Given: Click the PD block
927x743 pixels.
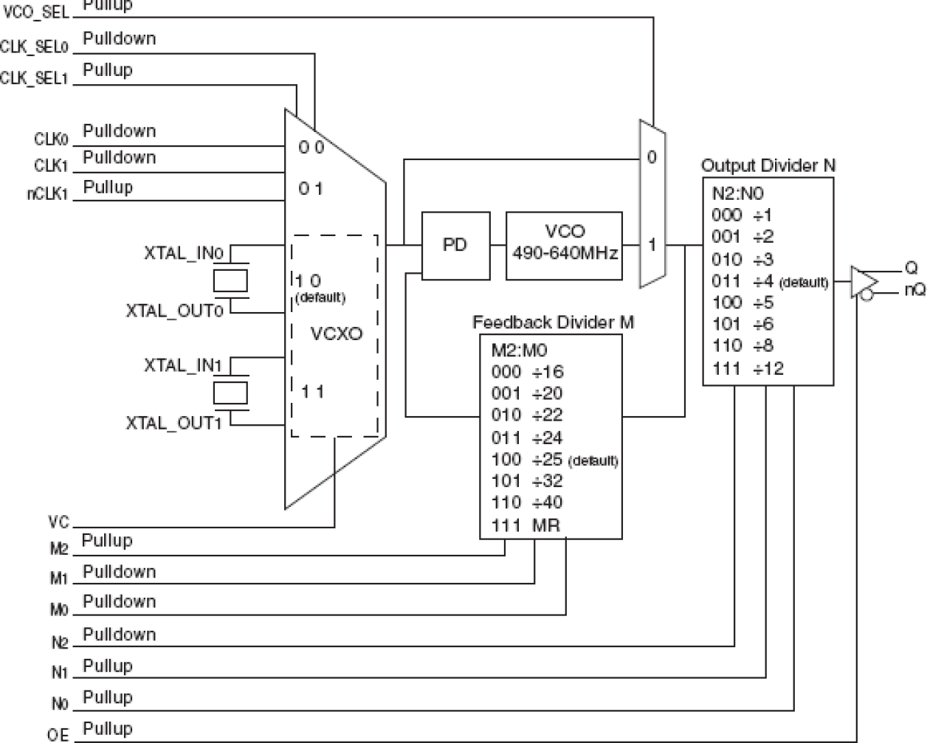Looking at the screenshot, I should [455, 246].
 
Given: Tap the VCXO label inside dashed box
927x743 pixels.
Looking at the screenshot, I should [336, 334].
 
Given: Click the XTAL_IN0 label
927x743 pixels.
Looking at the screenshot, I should [183, 253].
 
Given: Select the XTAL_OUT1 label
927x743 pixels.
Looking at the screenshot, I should [173, 423].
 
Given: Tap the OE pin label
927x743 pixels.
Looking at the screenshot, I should [58, 735].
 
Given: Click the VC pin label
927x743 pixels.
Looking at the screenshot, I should [59, 522].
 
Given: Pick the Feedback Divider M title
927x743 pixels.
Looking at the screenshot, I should [553, 322].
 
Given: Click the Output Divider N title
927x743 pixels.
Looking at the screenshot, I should [768, 165].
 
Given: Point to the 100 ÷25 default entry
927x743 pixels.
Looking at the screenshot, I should [554, 460].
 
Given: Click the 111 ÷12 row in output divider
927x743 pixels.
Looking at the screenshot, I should [748, 368].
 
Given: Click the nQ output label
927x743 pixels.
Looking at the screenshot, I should [914, 290].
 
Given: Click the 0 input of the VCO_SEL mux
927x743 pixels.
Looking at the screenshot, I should [651, 156].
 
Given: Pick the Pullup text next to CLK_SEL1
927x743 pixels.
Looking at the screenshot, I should [108, 70].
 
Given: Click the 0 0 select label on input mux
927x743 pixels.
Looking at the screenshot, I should [311, 148].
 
